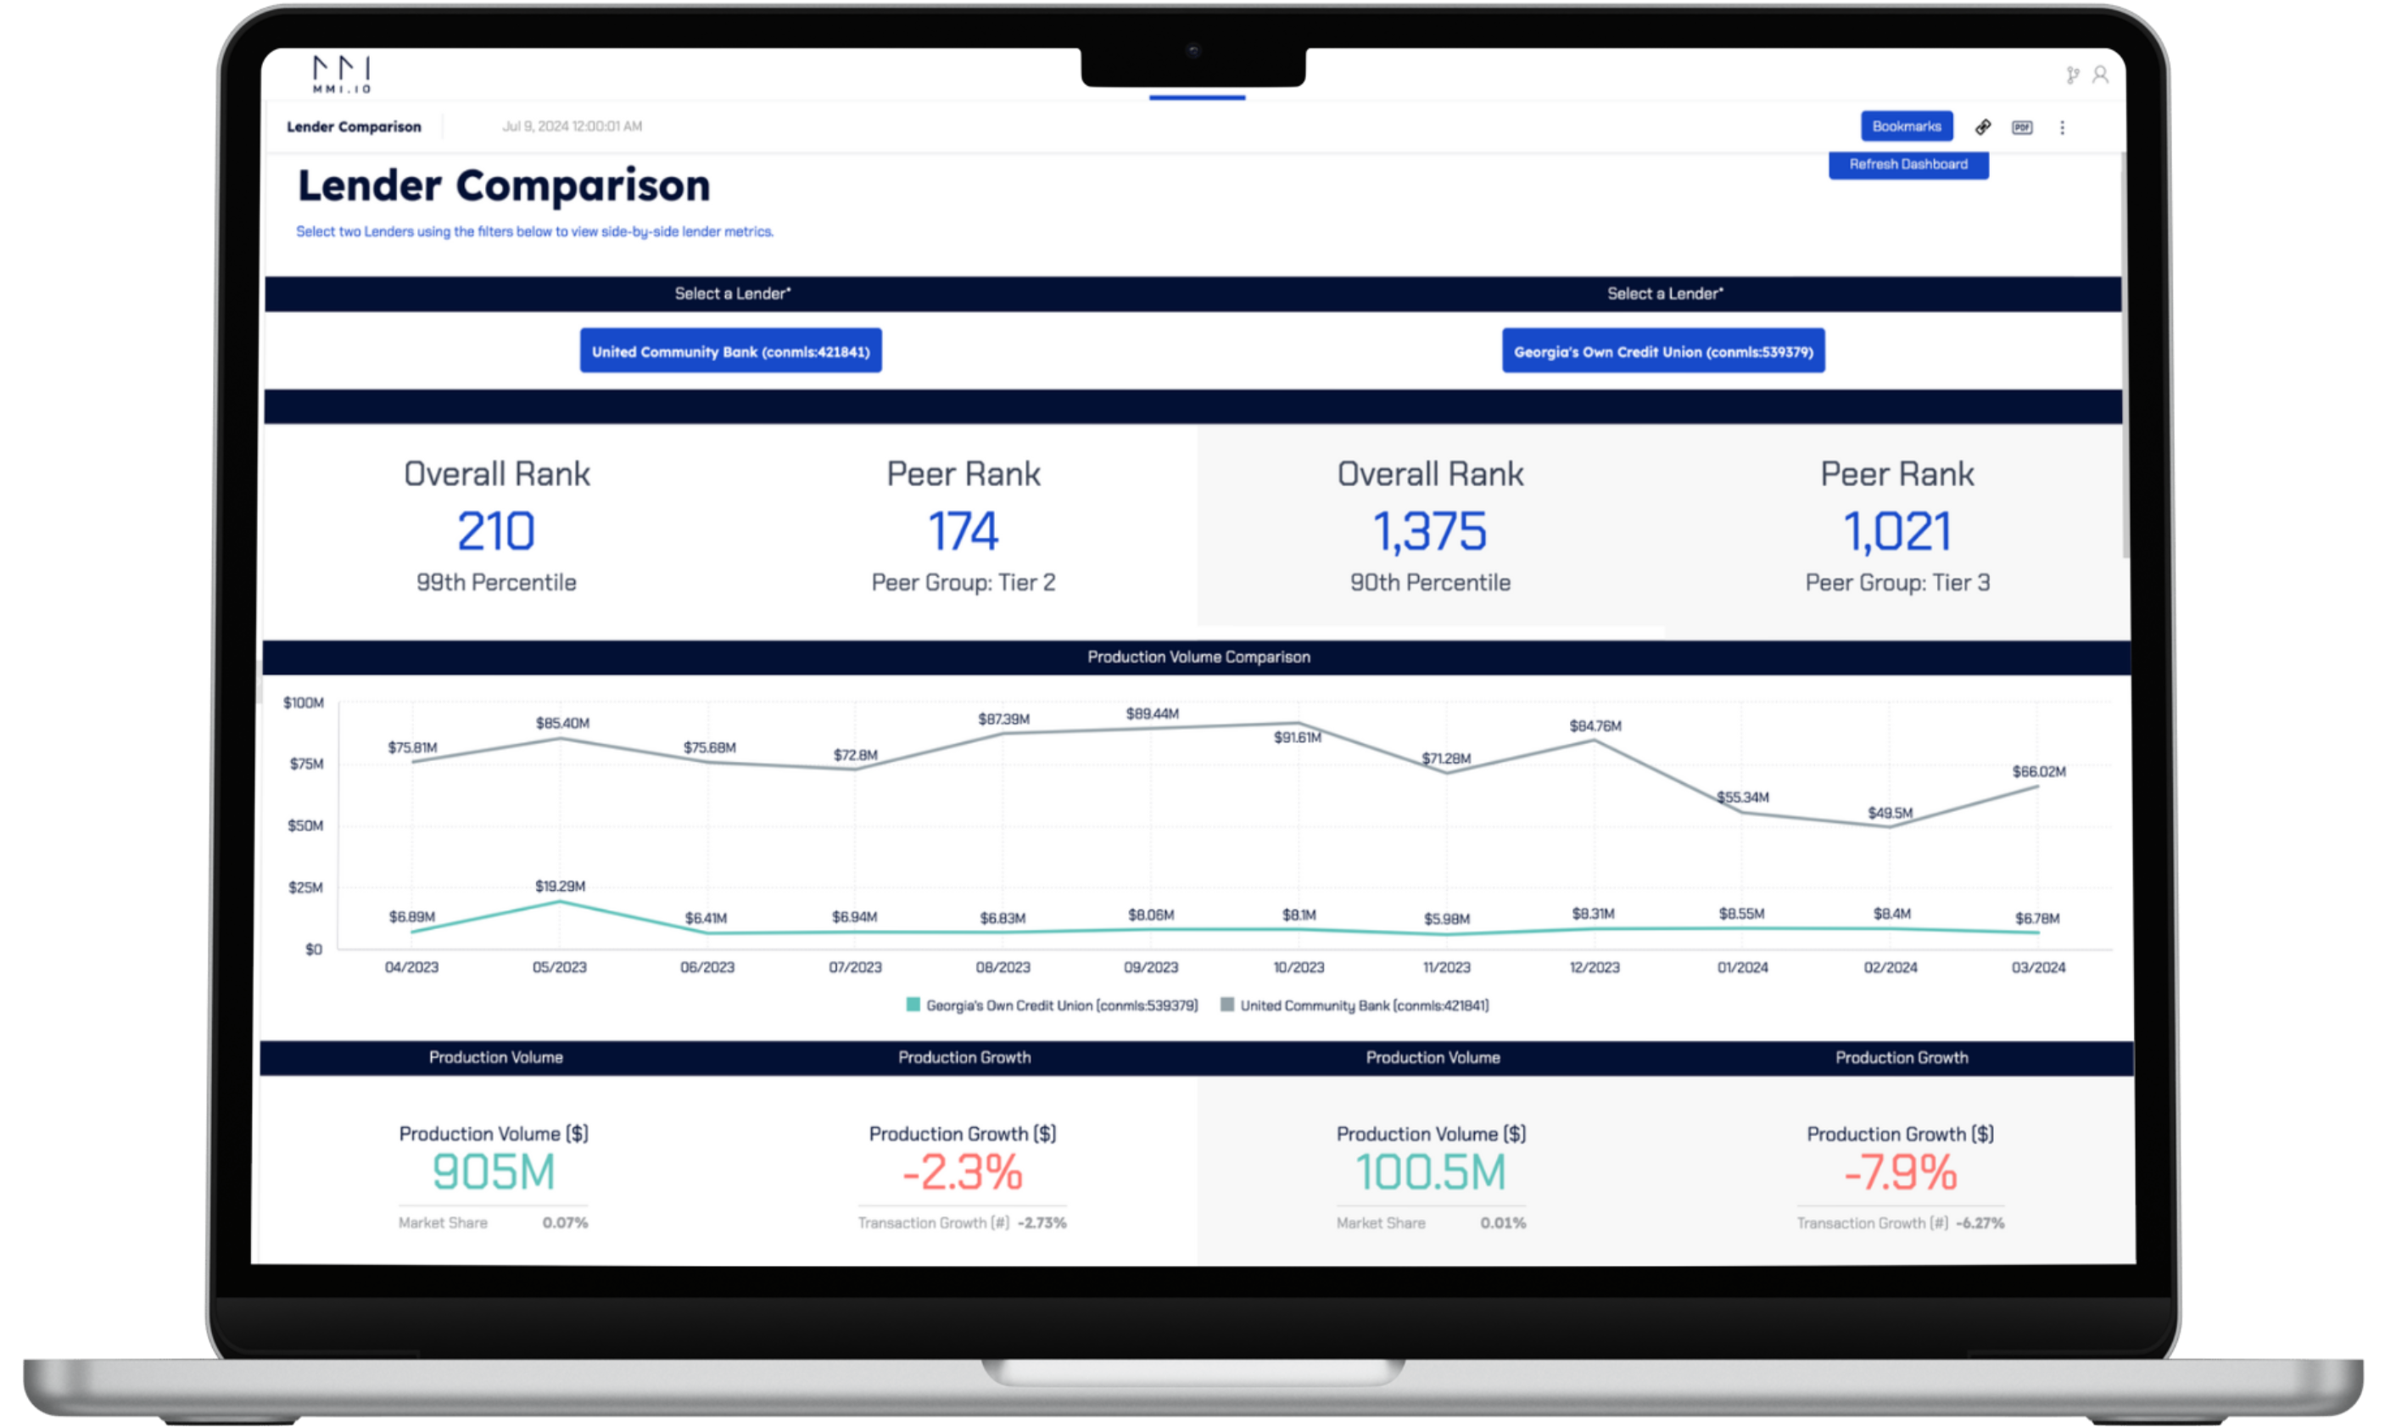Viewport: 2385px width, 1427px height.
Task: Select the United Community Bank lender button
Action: click(729, 351)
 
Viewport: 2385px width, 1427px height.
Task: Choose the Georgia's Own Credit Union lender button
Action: click(1662, 351)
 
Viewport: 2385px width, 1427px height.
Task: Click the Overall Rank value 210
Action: click(495, 531)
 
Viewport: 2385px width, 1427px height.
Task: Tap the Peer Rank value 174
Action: click(963, 531)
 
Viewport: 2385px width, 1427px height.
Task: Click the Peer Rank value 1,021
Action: click(1896, 531)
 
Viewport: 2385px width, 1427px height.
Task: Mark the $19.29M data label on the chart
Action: click(560, 886)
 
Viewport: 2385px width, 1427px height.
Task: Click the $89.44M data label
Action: click(1152, 713)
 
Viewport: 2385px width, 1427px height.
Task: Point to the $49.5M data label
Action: click(1889, 813)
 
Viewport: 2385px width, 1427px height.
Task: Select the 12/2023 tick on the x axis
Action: click(1594, 967)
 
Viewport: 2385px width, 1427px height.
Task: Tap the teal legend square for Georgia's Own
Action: click(913, 1004)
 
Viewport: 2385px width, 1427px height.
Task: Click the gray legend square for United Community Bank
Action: click(1226, 1004)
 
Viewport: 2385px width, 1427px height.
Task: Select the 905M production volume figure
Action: click(493, 1172)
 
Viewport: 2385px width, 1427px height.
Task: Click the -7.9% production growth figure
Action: click(1900, 1172)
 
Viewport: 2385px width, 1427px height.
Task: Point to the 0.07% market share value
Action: click(564, 1223)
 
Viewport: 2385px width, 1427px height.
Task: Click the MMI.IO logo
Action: click(341, 74)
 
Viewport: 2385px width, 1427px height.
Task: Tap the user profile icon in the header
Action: click(2099, 75)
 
